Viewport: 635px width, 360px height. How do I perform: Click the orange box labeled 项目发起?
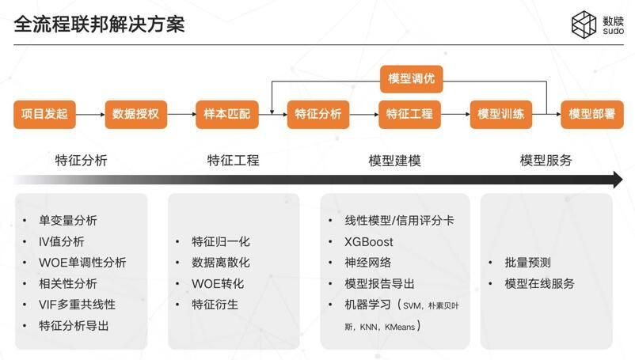pyautogui.click(x=44, y=114)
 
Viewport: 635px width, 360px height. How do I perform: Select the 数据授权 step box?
pyautogui.click(x=135, y=114)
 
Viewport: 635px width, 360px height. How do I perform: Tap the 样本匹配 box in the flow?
pyautogui.click(x=226, y=114)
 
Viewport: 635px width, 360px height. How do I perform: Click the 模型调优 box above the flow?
pyautogui.click(x=410, y=79)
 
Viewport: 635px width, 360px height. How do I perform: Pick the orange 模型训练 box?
pyautogui.click(x=500, y=114)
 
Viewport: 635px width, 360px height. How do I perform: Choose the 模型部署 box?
pyautogui.click(x=591, y=114)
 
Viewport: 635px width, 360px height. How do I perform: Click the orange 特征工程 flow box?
pyautogui.click(x=409, y=114)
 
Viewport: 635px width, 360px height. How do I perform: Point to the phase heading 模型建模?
pyautogui.click(x=394, y=161)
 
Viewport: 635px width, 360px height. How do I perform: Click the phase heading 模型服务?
pyautogui.click(x=546, y=161)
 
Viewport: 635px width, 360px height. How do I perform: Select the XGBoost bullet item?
pyautogui.click(x=369, y=241)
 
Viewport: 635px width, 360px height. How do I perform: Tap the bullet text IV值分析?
pyautogui.click(x=62, y=241)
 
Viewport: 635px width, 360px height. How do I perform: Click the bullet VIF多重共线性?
pyautogui.click(x=77, y=305)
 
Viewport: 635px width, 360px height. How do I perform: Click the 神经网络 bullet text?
pyautogui.click(x=368, y=263)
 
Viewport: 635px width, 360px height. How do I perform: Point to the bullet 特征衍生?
pyautogui.click(x=215, y=305)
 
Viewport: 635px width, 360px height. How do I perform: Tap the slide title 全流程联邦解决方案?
pyautogui.click(x=100, y=24)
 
